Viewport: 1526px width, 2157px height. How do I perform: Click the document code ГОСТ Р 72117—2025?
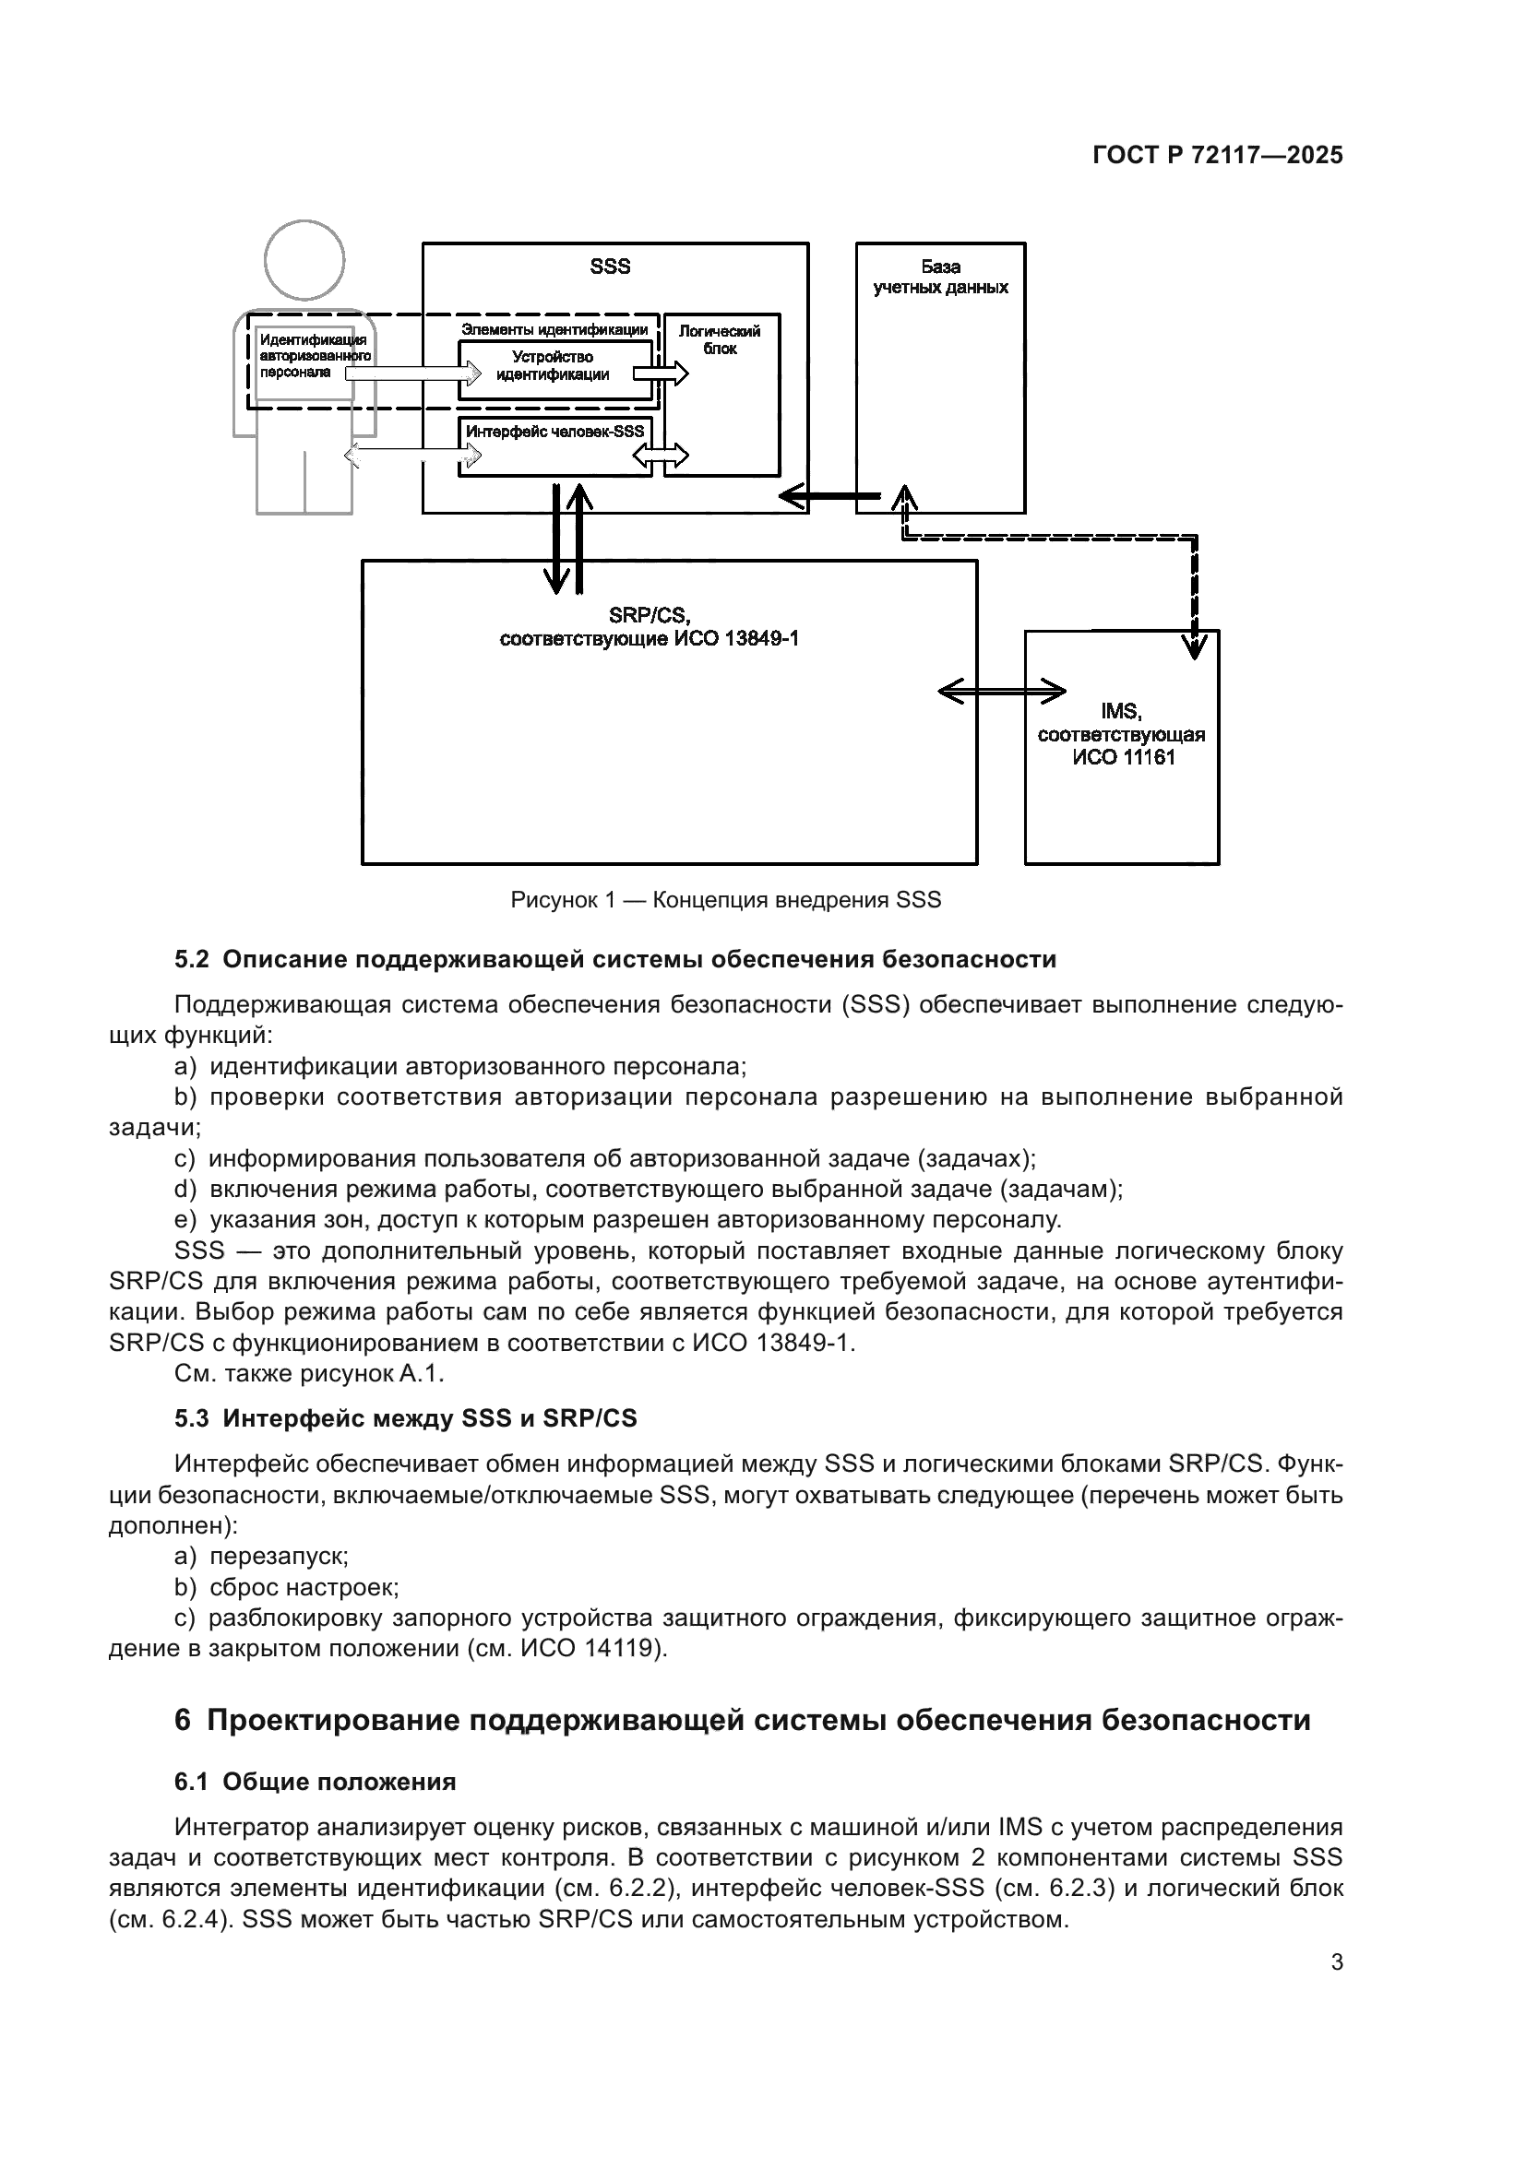coord(1218,156)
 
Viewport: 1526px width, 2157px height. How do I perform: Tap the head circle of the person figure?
coord(304,260)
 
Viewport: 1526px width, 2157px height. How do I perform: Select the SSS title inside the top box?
coord(610,267)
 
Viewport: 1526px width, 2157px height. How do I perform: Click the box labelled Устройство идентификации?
coord(554,366)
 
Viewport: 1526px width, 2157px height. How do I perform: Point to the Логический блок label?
coord(720,340)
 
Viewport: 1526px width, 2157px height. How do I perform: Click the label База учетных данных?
coord(940,278)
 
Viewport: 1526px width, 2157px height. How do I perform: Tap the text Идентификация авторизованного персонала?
coord(314,356)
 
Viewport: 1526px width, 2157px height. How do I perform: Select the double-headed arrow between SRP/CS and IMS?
coord(1002,693)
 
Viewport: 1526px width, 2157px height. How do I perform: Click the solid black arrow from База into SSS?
coord(830,495)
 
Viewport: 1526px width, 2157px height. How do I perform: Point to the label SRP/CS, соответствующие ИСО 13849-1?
coord(650,628)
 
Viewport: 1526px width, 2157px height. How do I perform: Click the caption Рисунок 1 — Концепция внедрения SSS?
coord(725,900)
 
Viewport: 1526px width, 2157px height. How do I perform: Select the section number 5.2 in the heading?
coord(192,959)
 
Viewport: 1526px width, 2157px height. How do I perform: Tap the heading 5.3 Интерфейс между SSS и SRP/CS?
coord(405,1417)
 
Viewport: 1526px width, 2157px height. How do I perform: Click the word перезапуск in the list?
coord(278,1556)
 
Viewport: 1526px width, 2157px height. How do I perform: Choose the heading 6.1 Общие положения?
coord(315,1783)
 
